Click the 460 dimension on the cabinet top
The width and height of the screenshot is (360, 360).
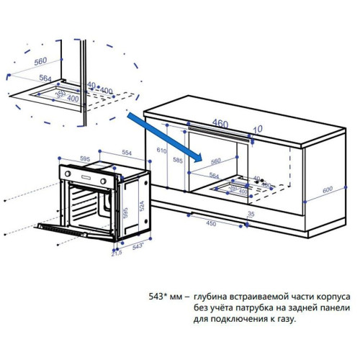click(x=220, y=123)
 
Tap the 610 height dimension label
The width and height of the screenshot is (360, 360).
click(x=161, y=152)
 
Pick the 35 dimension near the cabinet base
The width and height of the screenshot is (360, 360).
click(x=251, y=215)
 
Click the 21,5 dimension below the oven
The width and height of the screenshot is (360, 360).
click(x=115, y=253)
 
